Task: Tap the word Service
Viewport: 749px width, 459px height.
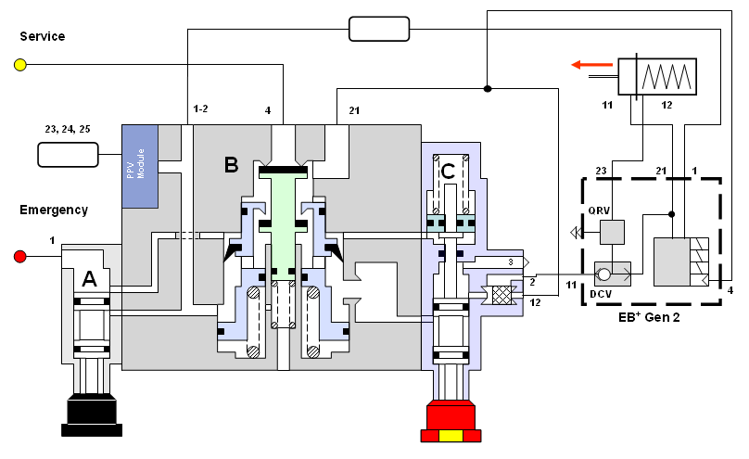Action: click(x=42, y=36)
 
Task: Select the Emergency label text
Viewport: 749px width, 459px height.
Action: click(x=54, y=210)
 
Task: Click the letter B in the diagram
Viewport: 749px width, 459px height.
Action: click(x=231, y=166)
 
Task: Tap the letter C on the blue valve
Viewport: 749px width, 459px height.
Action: click(x=448, y=171)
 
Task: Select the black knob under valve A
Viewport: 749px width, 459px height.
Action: click(x=90, y=414)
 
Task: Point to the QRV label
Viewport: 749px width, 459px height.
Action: click(x=599, y=208)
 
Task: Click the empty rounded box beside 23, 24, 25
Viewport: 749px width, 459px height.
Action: click(x=68, y=154)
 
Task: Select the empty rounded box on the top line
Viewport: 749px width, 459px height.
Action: click(x=378, y=30)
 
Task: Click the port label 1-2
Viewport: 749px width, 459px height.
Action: click(x=200, y=109)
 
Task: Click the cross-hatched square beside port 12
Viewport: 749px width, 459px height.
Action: click(x=502, y=297)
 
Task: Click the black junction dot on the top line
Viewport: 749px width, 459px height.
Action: click(x=487, y=89)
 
